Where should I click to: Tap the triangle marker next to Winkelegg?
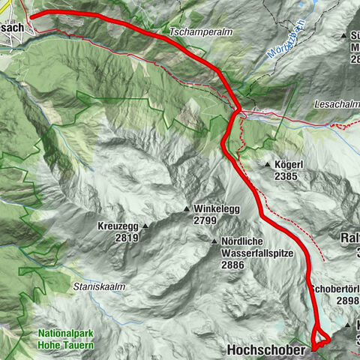(x=187, y=209)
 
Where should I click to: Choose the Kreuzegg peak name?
(x=117, y=226)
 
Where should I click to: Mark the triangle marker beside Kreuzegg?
(x=146, y=226)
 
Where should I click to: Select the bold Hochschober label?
(x=266, y=349)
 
